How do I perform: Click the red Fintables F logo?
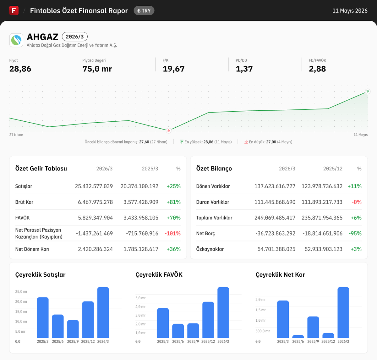(14, 10)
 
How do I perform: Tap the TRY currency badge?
(144, 11)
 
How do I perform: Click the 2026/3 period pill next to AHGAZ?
(74, 37)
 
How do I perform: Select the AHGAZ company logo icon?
(16, 40)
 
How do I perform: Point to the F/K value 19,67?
(173, 69)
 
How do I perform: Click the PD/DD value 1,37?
(244, 69)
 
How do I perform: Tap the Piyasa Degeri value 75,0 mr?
(97, 69)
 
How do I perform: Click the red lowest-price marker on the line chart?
(169, 131)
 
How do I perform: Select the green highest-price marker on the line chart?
(368, 91)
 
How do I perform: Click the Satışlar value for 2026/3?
(94, 186)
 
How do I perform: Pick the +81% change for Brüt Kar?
(173, 202)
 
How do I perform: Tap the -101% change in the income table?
(172, 233)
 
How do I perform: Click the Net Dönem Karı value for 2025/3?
(141, 249)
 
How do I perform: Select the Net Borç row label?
(205, 233)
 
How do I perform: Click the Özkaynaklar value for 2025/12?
(324, 249)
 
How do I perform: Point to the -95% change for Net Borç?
(355, 233)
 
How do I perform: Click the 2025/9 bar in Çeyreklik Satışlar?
(73, 329)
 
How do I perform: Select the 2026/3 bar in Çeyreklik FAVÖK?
(223, 313)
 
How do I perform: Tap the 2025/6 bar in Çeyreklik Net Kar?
(298, 337)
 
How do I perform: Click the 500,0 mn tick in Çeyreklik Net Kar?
(263, 331)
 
